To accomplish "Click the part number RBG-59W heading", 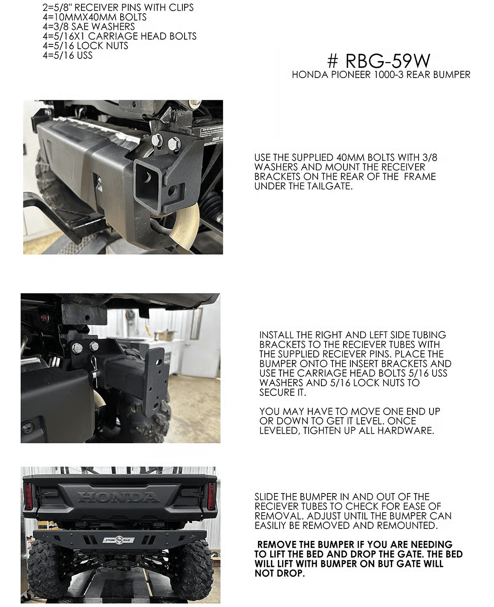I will [x=379, y=61].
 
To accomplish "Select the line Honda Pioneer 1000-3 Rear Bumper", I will [x=381, y=75].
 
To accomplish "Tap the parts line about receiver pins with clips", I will [x=118, y=8].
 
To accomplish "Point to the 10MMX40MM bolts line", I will [x=94, y=17].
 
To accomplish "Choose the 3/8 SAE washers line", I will [x=89, y=26].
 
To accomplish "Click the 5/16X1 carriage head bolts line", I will [x=119, y=36].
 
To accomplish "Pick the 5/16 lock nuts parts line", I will [x=85, y=46].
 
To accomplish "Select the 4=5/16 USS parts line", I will [x=67, y=55].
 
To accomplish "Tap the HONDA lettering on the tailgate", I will [x=118, y=497].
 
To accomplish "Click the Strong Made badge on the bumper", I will [x=119, y=540].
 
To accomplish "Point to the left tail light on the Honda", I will [x=29, y=496].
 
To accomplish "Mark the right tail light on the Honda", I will [x=211, y=496].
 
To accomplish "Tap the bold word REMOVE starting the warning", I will [x=277, y=545].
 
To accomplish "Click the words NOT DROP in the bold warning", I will [x=280, y=574].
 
